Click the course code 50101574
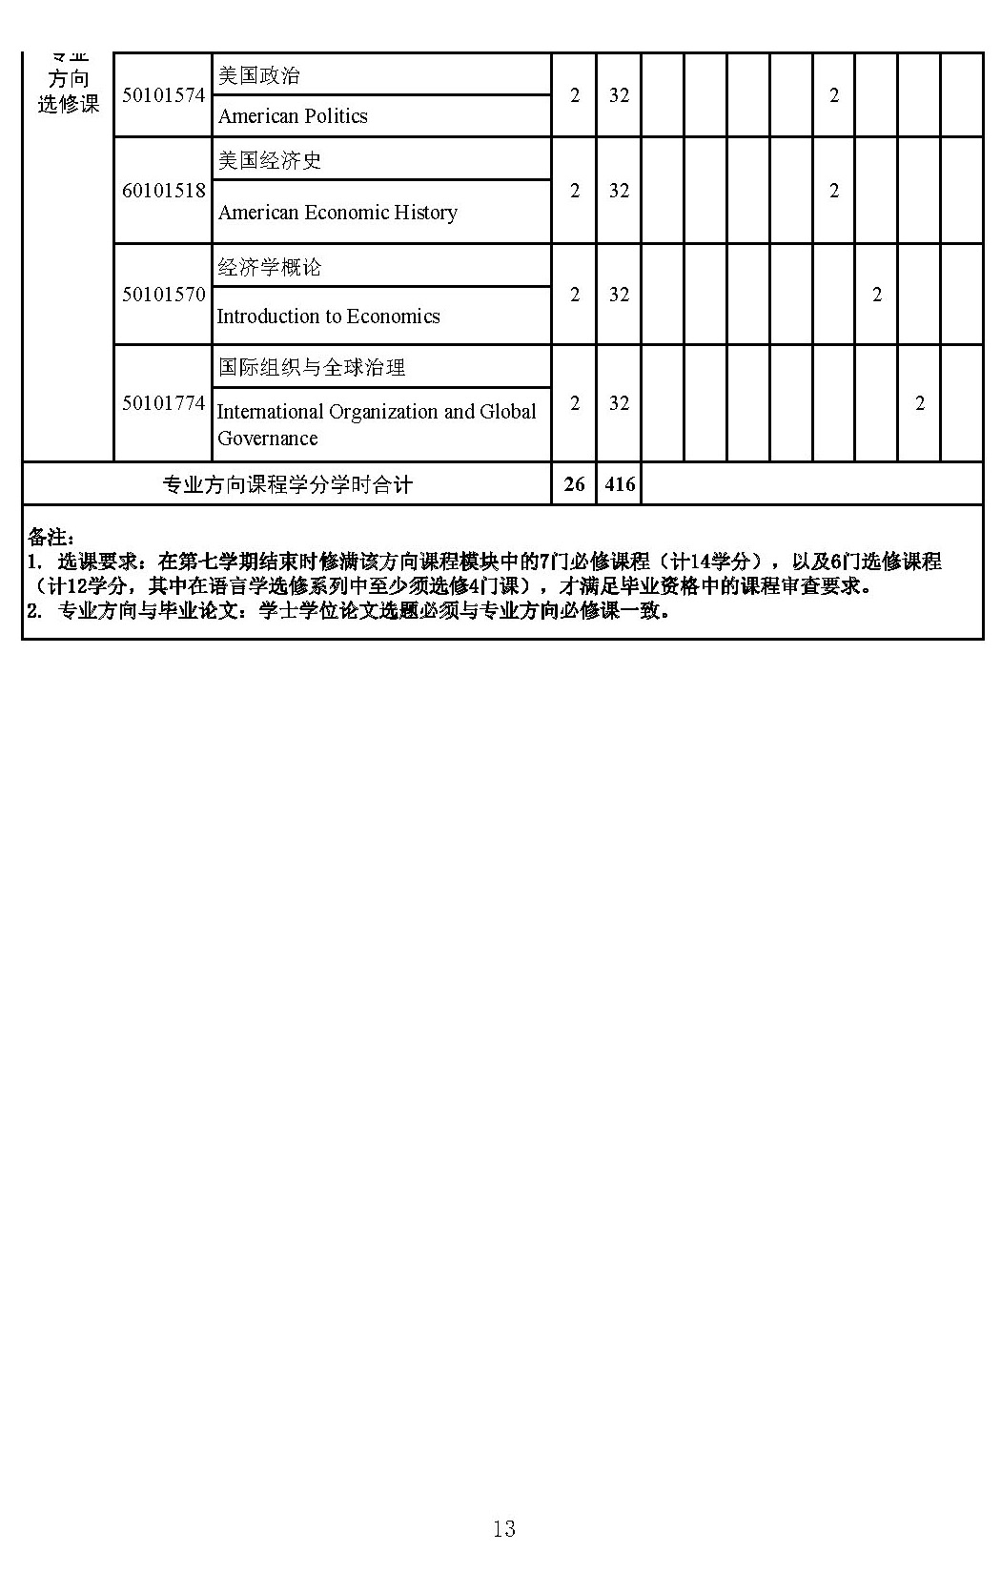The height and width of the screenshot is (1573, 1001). [x=163, y=95]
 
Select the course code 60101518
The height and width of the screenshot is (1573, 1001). [x=163, y=191]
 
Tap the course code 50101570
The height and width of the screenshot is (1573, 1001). [x=163, y=295]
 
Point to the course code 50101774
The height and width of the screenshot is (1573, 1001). [x=163, y=403]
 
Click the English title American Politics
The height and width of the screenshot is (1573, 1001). [x=293, y=116]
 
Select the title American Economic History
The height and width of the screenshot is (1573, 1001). [x=337, y=213]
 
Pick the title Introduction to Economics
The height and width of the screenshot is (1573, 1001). [x=328, y=317]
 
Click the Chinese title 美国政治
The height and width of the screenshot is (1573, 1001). [x=258, y=75]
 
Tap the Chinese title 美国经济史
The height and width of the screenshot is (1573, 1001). [x=269, y=160]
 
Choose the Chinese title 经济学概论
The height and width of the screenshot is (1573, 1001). [x=269, y=267]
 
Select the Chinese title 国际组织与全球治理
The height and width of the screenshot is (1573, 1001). [x=311, y=367]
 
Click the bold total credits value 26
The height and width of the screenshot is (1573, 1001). [x=574, y=484]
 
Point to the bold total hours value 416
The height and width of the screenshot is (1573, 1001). [x=620, y=484]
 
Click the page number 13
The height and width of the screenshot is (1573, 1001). [x=503, y=1529]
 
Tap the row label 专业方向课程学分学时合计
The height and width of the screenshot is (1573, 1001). [x=287, y=485]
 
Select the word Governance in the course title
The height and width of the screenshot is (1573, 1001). [x=267, y=439]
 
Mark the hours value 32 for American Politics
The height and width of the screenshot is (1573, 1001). [x=619, y=95]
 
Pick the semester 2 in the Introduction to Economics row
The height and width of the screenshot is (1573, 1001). [x=877, y=295]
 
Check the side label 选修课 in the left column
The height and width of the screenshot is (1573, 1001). [x=69, y=104]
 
